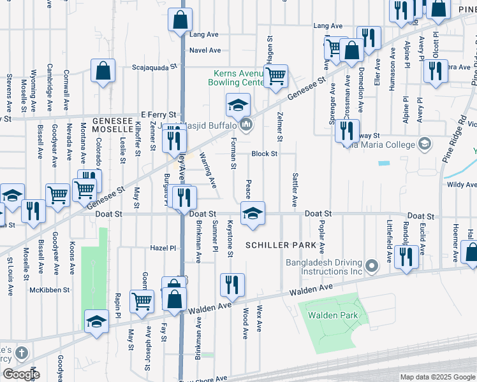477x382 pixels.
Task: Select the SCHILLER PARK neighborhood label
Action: coord(281,245)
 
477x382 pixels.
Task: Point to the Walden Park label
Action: coord(332,315)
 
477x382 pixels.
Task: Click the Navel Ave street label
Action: coord(205,50)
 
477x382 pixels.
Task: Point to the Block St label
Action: coord(264,153)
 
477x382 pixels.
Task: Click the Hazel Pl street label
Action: coord(163,248)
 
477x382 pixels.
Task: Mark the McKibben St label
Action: coord(48,290)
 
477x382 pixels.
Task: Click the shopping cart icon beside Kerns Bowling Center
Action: coord(275,76)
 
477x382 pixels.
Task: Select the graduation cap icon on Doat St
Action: coord(253,213)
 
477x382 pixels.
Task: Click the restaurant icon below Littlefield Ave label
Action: coord(406,257)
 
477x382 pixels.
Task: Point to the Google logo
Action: coord(20,374)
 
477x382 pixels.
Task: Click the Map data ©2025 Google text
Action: coord(437,377)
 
